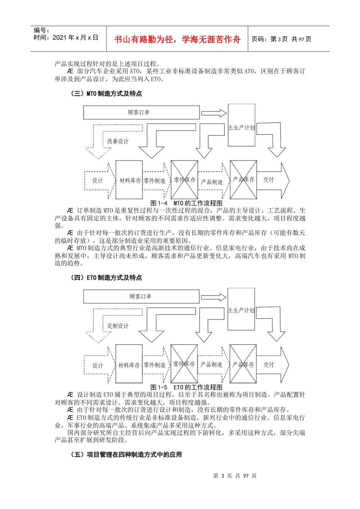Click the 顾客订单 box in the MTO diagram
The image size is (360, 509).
(x=141, y=112)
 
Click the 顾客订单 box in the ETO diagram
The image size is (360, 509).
(x=141, y=297)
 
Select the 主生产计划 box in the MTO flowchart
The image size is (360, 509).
(x=241, y=125)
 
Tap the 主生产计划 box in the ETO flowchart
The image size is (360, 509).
(x=241, y=309)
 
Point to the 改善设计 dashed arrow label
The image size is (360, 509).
(x=118, y=141)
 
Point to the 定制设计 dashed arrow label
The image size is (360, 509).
(x=118, y=326)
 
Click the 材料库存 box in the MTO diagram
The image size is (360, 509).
(x=129, y=180)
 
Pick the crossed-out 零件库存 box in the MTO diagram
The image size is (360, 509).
(x=185, y=180)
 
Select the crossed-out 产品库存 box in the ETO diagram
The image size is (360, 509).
(x=243, y=364)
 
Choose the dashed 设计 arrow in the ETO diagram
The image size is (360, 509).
(x=98, y=365)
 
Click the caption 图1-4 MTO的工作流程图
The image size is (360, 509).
(x=186, y=203)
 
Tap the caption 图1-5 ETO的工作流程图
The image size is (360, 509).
(x=186, y=387)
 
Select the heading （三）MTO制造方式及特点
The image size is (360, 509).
(x=106, y=94)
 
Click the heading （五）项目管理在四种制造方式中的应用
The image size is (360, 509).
(x=126, y=454)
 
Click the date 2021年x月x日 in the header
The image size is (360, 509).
(x=66, y=37)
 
